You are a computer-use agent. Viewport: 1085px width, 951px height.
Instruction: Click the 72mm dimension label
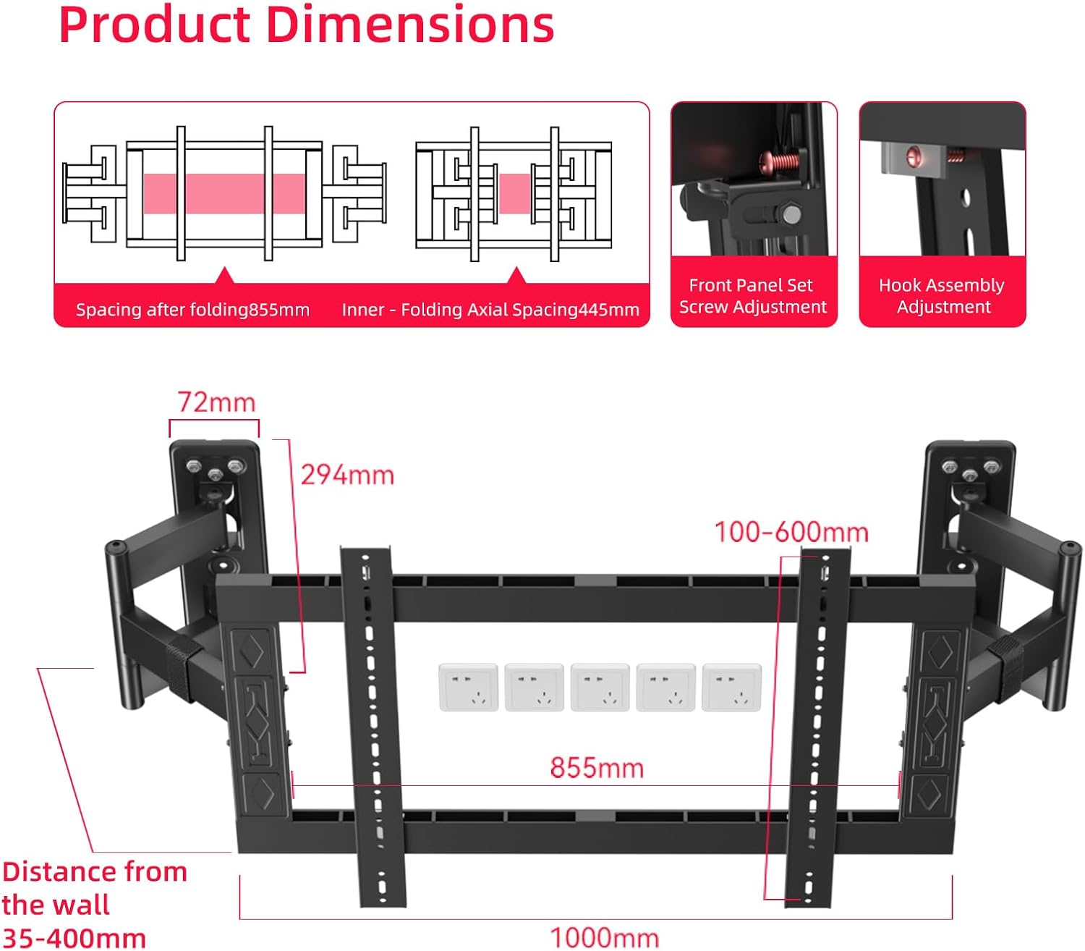pos(216,402)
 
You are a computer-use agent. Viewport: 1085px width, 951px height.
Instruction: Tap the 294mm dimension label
pos(347,475)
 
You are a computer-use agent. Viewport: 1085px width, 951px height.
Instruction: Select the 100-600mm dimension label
pos(791,533)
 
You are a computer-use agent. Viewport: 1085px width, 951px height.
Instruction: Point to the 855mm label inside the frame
pos(597,768)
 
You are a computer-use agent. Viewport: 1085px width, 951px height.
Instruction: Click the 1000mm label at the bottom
pos(605,938)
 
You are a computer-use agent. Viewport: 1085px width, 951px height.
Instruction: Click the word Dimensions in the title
pos(410,25)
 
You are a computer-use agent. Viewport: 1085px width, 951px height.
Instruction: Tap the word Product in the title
pos(154,25)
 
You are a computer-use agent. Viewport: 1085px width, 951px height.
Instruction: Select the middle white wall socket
pos(600,687)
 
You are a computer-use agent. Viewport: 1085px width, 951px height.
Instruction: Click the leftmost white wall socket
pos(468,687)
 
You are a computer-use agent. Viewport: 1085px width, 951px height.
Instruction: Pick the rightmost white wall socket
pos(731,687)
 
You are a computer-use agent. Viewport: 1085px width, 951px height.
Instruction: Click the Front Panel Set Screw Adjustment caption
pos(752,296)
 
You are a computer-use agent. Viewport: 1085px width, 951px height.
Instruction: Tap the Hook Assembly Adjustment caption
pos(942,296)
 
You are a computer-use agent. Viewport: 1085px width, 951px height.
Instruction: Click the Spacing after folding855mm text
pos(192,310)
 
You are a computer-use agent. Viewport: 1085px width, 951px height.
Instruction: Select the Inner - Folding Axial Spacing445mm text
pos(490,310)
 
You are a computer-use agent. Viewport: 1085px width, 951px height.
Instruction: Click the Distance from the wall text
pos(94,887)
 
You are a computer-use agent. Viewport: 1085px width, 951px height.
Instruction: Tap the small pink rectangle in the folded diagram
pos(515,193)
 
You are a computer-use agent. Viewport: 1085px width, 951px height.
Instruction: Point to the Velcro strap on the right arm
pos(1007,657)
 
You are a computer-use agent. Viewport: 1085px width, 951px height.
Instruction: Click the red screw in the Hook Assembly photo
pos(914,155)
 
